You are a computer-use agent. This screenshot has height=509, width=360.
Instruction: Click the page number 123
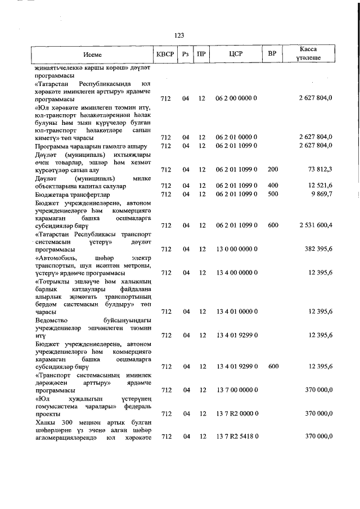[x=179, y=35]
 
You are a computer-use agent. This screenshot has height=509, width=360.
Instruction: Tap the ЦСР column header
[x=236, y=55]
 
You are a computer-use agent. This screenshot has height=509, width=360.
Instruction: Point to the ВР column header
[x=273, y=55]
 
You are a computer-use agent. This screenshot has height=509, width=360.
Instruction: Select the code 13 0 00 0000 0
[x=236, y=249]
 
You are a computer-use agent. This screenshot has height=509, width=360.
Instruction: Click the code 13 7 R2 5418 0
[x=236, y=437]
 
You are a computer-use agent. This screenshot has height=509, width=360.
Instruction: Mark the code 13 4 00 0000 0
[x=236, y=273]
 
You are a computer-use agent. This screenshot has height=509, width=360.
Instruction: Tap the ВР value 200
[x=273, y=169]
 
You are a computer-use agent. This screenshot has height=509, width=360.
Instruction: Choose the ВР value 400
[x=273, y=186]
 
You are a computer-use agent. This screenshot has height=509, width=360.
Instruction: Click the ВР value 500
[x=273, y=194]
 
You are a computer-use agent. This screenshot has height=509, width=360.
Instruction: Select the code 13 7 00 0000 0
[x=236, y=390]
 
